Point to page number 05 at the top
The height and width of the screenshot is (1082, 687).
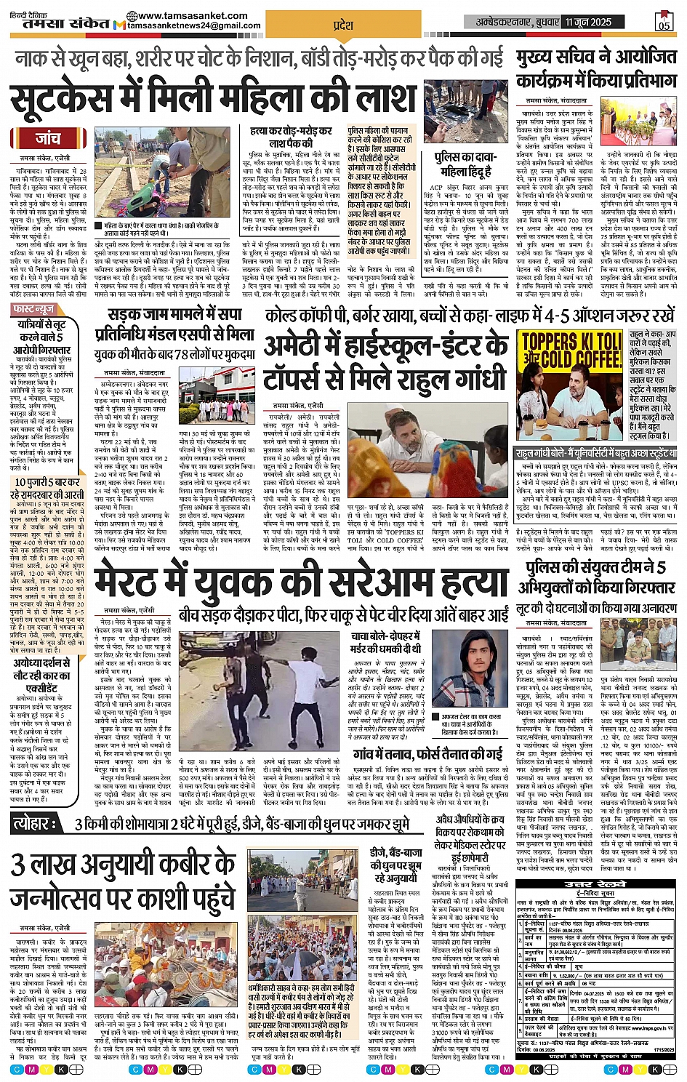(664, 23)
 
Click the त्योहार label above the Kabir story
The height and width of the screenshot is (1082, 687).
(36, 824)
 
